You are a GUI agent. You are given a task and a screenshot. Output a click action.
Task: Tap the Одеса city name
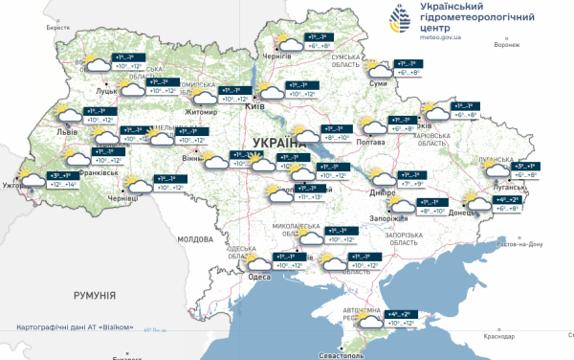click(258, 277)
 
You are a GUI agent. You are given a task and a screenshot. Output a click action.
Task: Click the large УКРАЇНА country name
click(277, 142)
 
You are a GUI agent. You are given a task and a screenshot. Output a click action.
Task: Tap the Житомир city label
click(201, 112)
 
